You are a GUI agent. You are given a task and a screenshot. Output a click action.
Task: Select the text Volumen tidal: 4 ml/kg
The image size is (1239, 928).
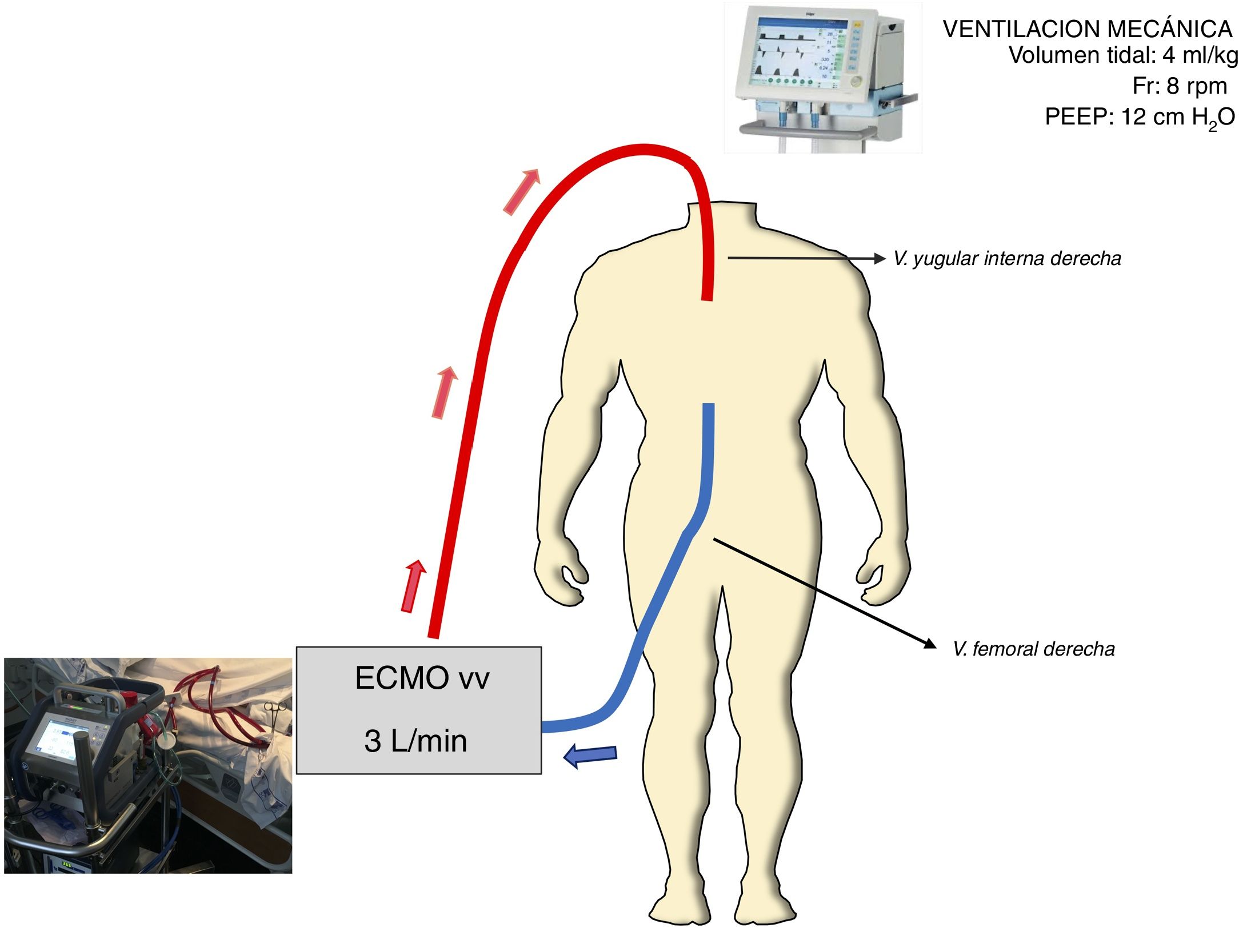click(1122, 55)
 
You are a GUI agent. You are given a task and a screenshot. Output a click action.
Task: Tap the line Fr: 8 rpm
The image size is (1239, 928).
click(1179, 86)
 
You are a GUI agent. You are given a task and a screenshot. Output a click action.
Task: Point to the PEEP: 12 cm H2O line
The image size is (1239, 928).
click(1140, 118)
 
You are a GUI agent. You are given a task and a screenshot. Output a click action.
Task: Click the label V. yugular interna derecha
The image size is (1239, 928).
click(1007, 259)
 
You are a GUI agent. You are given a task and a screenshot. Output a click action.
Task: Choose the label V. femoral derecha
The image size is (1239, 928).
click(1034, 649)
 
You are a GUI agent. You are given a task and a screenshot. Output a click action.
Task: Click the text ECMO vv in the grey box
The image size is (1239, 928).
click(422, 678)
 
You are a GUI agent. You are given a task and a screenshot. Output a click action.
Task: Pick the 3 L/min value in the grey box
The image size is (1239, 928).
click(415, 741)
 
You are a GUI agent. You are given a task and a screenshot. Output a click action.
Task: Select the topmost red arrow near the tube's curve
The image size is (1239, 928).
click(521, 191)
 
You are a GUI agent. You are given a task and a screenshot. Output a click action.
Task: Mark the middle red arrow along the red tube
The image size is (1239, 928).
click(445, 392)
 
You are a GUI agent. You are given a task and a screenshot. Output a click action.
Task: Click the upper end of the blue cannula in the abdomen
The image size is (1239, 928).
click(708, 409)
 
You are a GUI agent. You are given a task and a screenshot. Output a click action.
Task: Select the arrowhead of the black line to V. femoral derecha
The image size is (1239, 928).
click(930, 644)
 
